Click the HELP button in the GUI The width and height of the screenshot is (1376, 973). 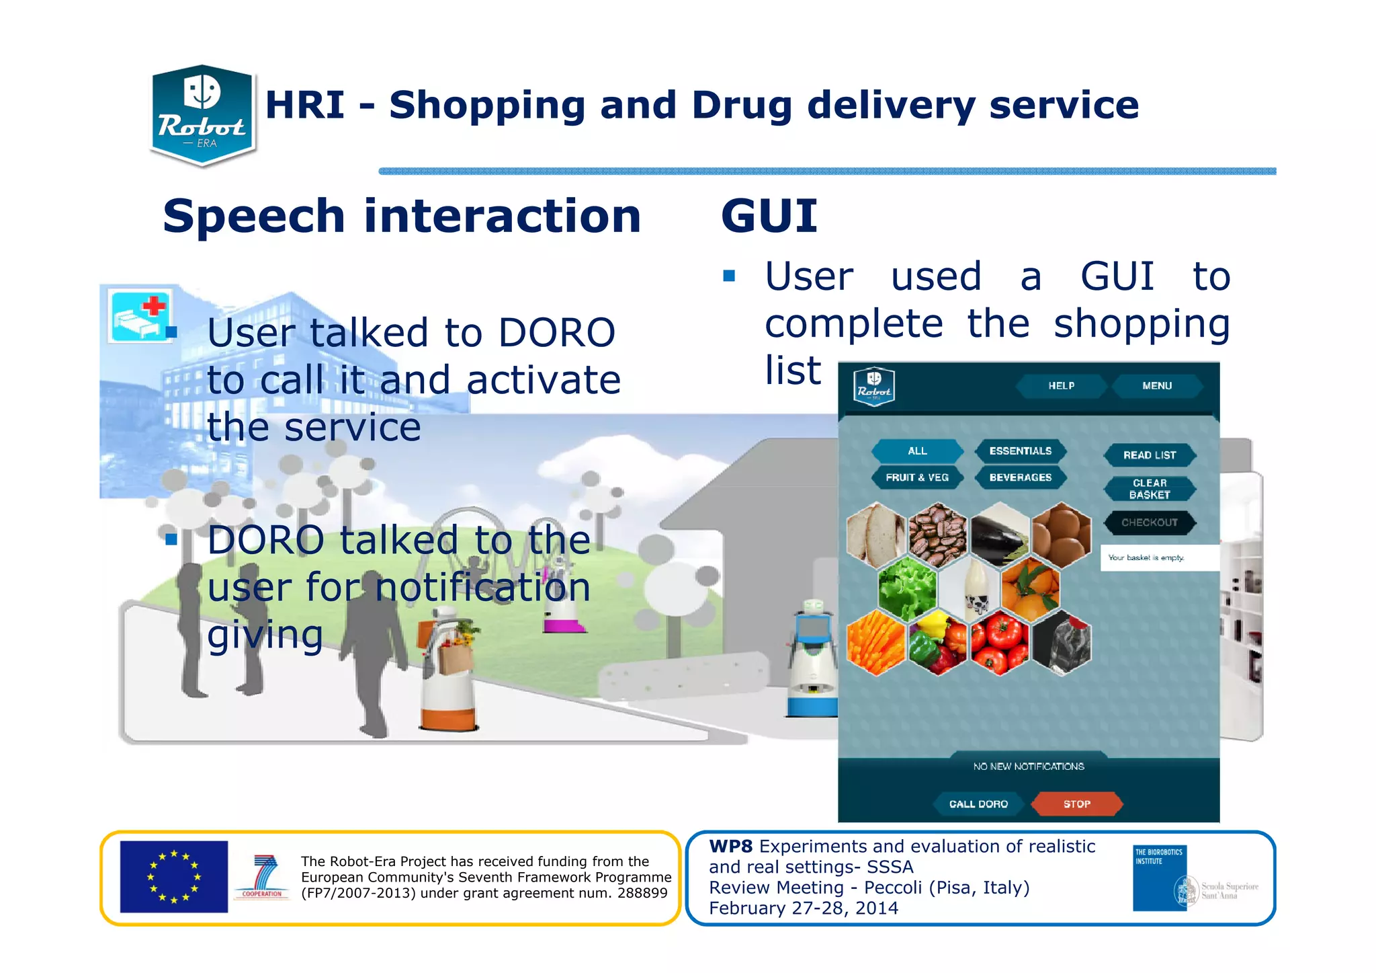pyautogui.click(x=1061, y=386)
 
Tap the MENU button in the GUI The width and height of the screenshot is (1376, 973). pyautogui.click(x=1156, y=386)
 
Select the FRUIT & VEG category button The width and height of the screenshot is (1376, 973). pyautogui.click(x=917, y=477)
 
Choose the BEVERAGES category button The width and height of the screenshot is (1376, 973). pyautogui.click(x=1020, y=477)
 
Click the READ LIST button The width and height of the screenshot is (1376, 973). pyautogui.click(x=1150, y=455)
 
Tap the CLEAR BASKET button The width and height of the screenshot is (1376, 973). pyautogui.click(x=1150, y=489)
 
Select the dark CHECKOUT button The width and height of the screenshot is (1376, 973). pyautogui.click(x=1150, y=522)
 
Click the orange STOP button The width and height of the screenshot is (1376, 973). pyautogui.click(x=1076, y=804)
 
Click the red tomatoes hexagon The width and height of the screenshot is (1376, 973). pyautogui.click(x=999, y=642)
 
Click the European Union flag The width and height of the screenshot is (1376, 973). pyautogui.click(x=174, y=877)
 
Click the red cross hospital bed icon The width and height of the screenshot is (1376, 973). pyautogui.click(x=140, y=315)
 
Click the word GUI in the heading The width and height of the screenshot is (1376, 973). pyautogui.click(x=769, y=217)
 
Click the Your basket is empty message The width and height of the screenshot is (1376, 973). pyautogui.click(x=1146, y=558)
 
